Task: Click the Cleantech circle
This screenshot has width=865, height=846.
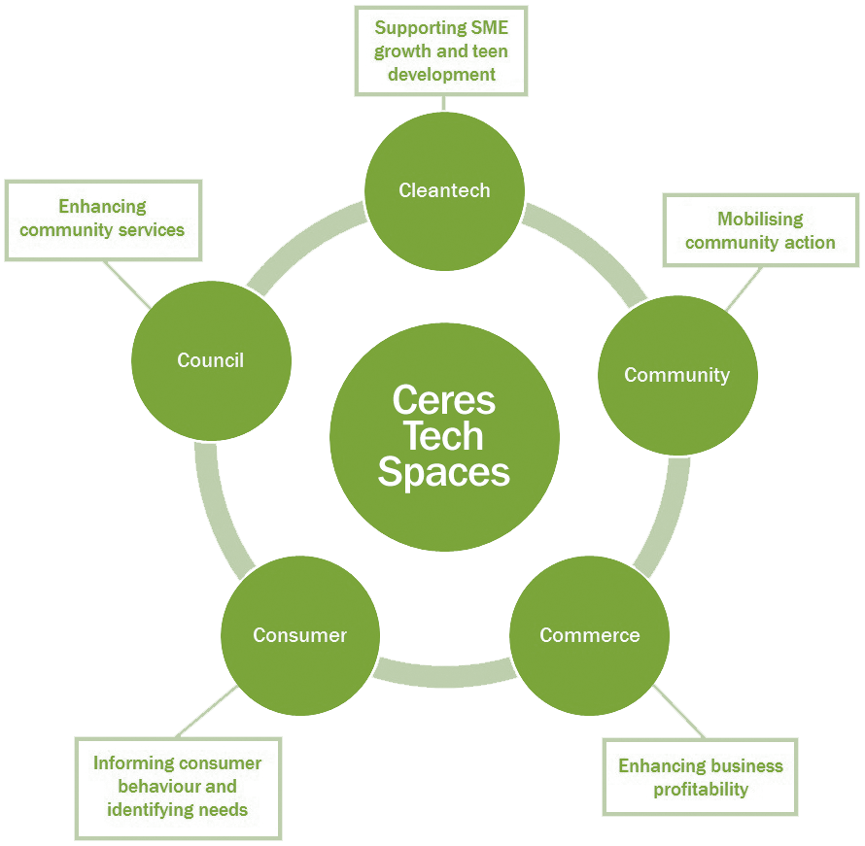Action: point(444,190)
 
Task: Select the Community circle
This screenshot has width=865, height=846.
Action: point(676,375)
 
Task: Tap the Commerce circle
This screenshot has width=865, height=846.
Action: point(589,635)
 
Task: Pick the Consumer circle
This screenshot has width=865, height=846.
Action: point(299,635)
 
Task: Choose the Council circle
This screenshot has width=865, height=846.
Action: point(211,360)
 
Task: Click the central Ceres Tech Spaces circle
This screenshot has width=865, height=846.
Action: point(444,437)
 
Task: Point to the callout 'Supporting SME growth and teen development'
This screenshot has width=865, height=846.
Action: point(441,51)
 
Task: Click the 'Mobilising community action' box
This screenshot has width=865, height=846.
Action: point(760,230)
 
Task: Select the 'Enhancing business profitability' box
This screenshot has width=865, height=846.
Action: point(700,777)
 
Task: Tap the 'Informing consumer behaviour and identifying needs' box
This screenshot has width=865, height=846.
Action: point(178,787)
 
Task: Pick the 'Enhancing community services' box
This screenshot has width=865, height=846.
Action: point(102,219)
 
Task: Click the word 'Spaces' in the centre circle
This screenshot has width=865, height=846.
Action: point(444,472)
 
